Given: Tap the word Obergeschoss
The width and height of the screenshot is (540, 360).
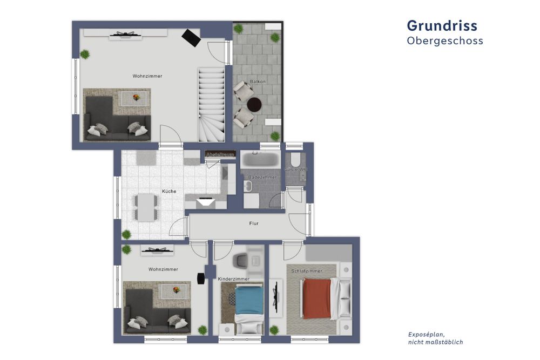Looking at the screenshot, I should (444, 41).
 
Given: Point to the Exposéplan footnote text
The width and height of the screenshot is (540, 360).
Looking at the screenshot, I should (435, 338).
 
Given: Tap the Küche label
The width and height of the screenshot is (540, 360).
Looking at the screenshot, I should (168, 192).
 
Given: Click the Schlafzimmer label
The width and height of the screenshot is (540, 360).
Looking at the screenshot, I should (306, 271).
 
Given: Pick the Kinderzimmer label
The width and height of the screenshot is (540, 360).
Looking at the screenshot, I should (234, 279).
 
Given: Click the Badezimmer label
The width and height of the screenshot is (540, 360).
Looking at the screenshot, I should (262, 177).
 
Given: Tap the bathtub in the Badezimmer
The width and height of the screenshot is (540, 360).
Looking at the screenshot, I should (260, 160).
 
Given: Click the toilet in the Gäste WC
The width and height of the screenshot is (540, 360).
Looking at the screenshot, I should (295, 160).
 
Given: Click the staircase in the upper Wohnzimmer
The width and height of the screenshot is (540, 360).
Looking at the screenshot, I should (211, 103).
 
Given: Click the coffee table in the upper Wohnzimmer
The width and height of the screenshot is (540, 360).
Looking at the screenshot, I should (134, 98).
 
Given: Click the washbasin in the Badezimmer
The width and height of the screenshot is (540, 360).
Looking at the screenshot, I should (248, 186).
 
